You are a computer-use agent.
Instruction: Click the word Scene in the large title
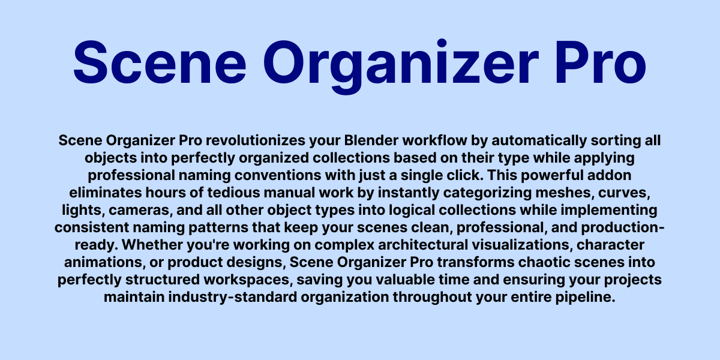160,62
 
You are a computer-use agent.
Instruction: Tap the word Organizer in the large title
401,67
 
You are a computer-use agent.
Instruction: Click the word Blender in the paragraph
371,140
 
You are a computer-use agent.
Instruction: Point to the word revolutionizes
256,141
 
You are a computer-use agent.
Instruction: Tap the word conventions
278,175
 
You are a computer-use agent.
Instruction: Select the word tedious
233,193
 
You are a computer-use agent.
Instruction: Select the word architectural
423,245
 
